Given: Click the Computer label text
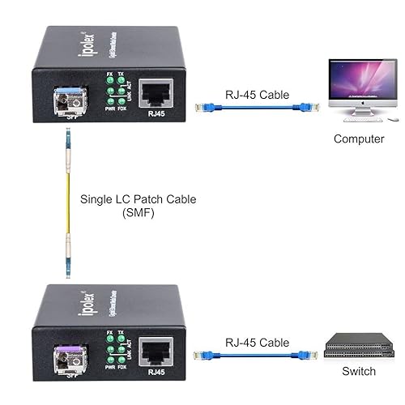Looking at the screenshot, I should point(359,139).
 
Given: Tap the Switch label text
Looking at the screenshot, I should point(358,371).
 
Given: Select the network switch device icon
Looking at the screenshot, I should point(357,347).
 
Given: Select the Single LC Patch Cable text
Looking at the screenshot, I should point(138,199).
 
